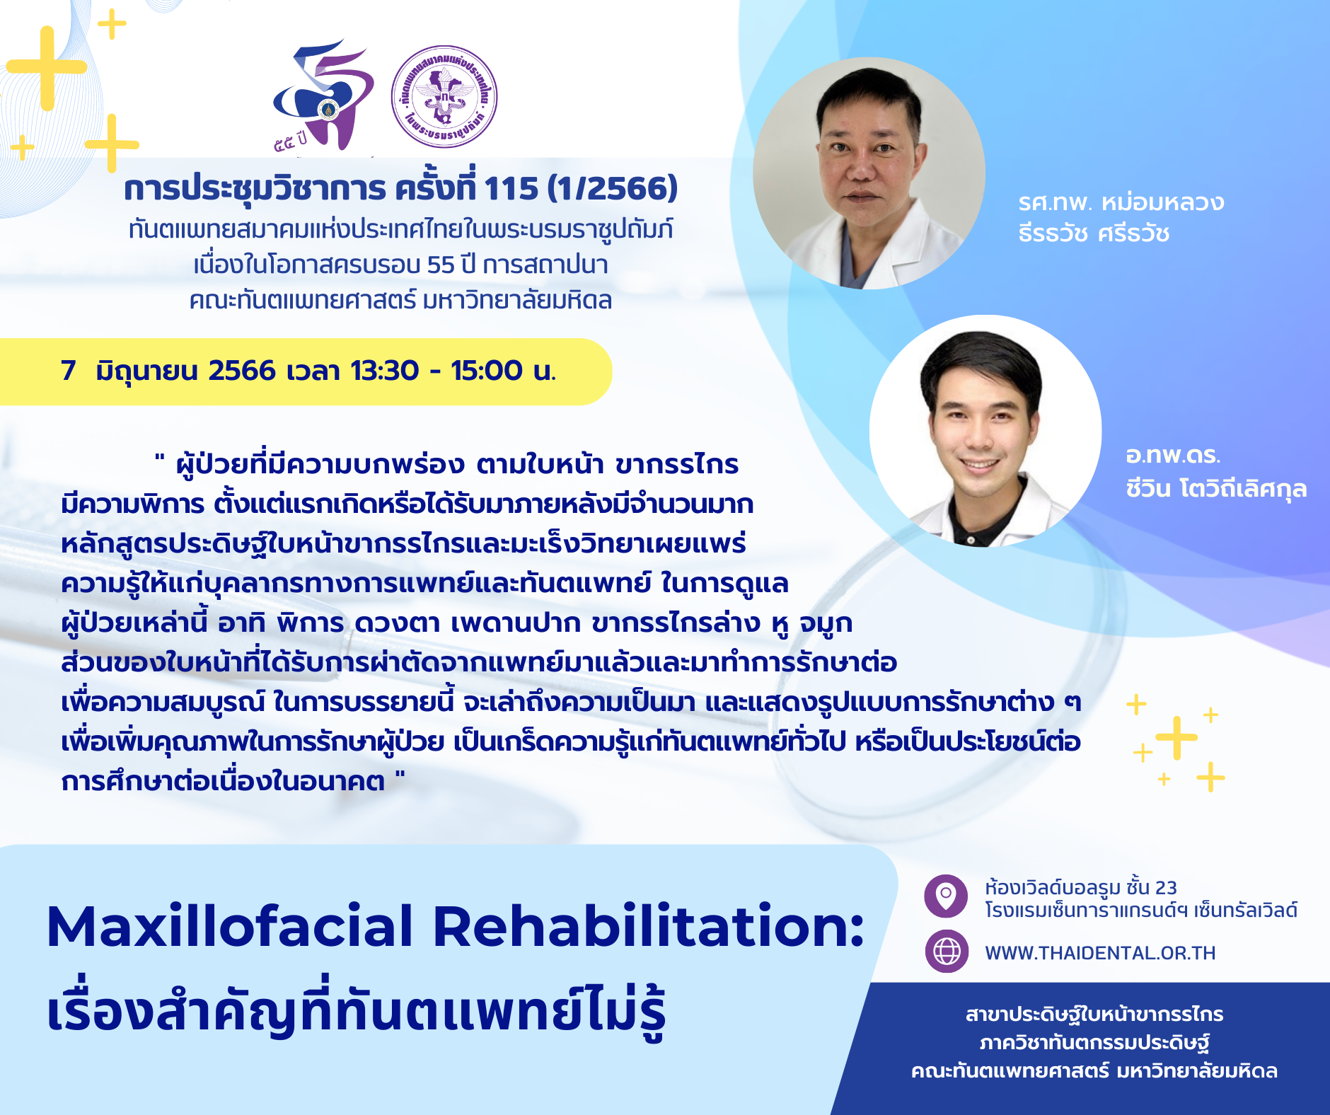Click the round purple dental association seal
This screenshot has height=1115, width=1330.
[444, 96]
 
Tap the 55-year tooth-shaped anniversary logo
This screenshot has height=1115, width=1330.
[324, 96]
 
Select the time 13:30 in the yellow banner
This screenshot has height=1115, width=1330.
[385, 371]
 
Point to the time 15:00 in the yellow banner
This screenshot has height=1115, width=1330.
[487, 371]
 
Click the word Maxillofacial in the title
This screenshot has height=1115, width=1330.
[230, 926]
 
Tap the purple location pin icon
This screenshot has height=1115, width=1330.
[946, 896]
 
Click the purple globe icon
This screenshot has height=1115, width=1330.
[947, 952]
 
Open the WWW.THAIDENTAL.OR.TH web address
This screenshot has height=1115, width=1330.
[1100, 953]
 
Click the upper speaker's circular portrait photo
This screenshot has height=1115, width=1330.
[869, 173]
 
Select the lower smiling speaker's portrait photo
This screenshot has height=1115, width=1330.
[985, 431]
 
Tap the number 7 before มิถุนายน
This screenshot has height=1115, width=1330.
[69, 371]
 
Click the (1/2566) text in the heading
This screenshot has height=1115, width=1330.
[613, 188]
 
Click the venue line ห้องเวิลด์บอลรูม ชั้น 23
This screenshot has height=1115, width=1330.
[1081, 887]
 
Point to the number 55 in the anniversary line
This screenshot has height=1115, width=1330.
[440, 265]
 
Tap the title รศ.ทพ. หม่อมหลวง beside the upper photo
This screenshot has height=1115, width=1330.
[1121, 203]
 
